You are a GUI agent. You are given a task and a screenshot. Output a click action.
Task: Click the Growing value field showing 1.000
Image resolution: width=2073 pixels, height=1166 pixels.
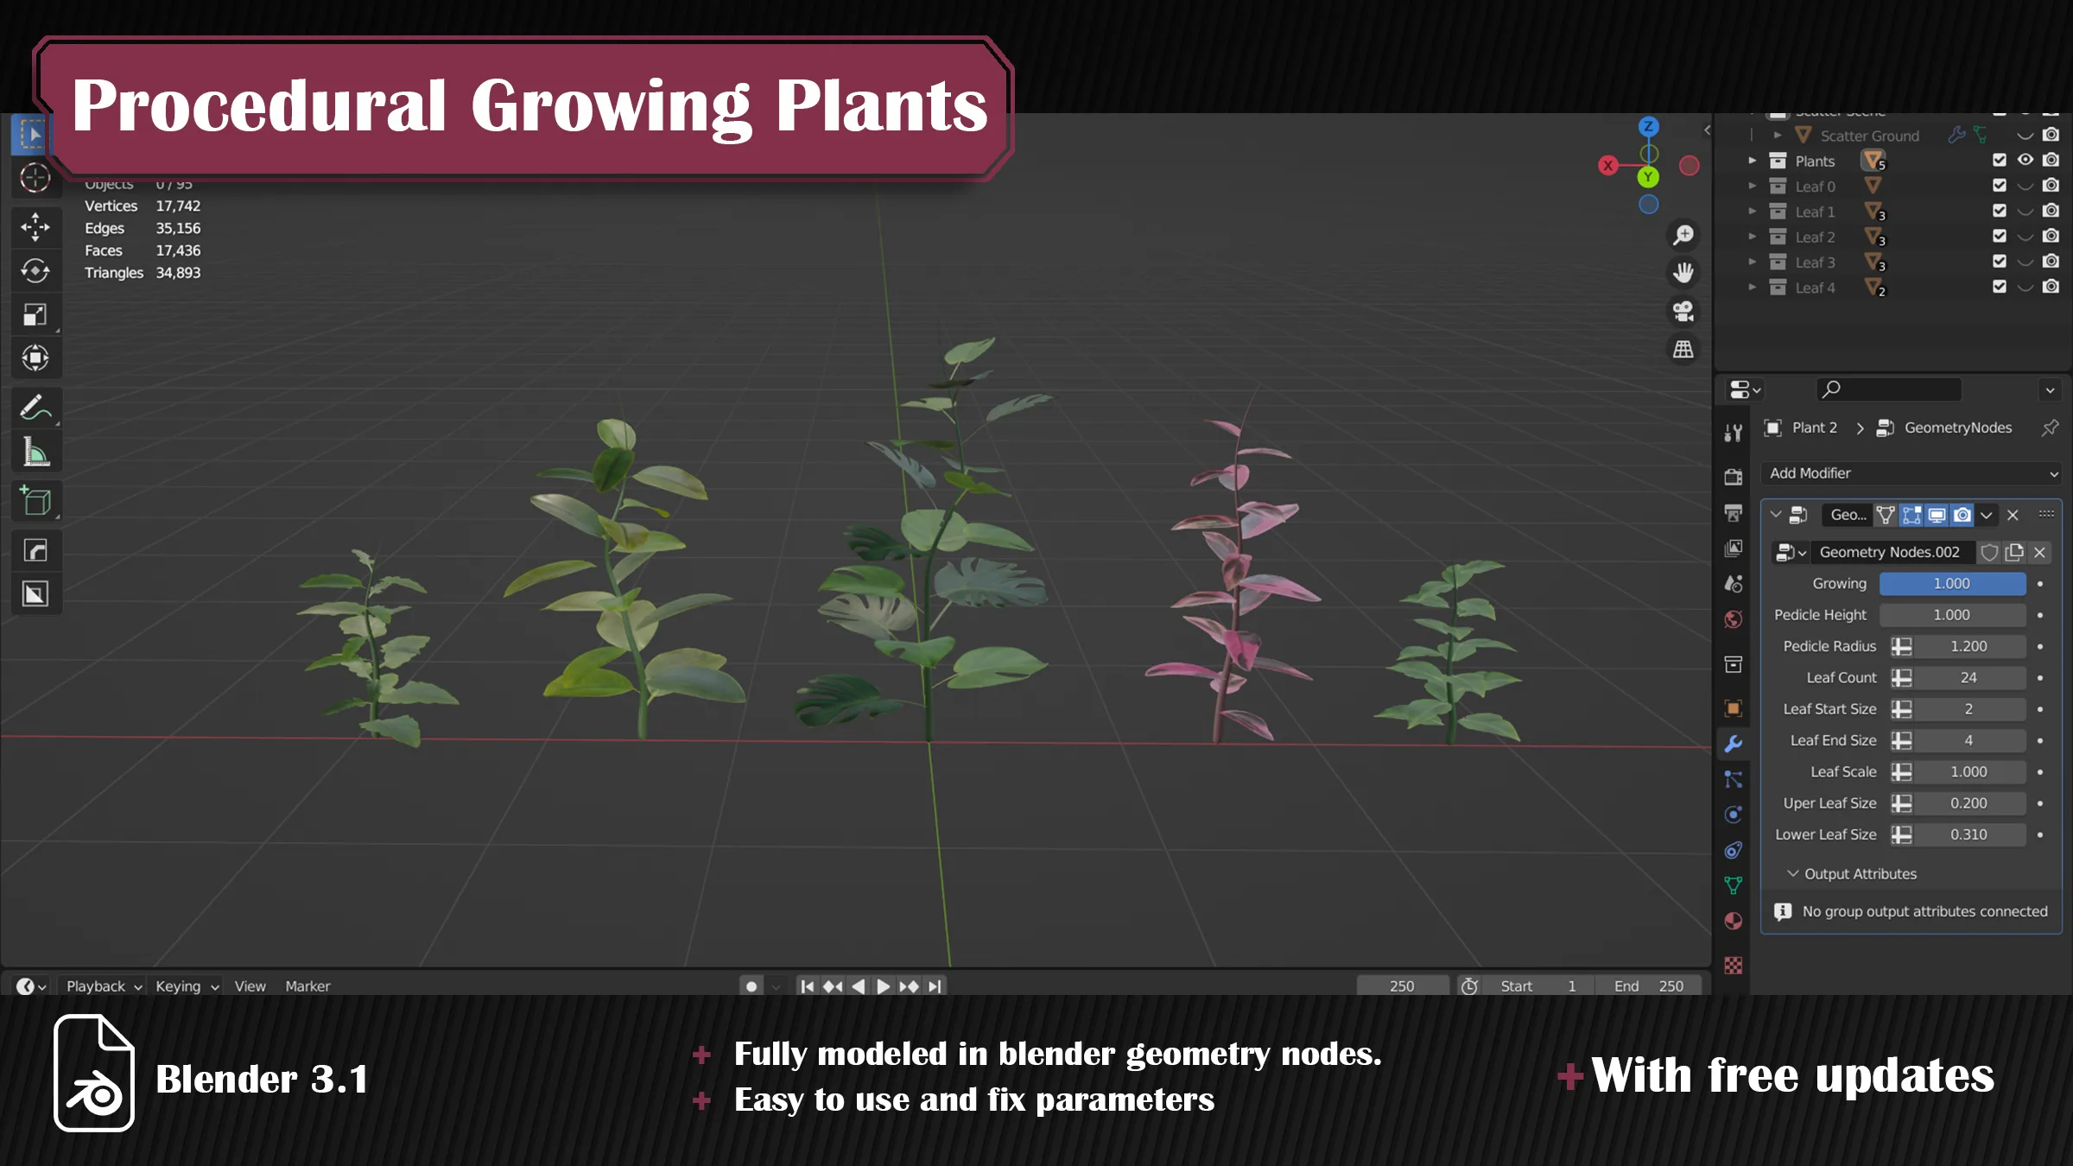click(x=1951, y=584)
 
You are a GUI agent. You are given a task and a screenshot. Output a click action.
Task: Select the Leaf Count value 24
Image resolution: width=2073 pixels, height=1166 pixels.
click(x=1968, y=678)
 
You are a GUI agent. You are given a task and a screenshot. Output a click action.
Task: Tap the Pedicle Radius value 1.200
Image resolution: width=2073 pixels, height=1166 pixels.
click(x=1968, y=646)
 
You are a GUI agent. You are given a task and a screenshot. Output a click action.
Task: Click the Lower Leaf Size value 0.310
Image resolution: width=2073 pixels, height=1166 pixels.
click(x=1968, y=834)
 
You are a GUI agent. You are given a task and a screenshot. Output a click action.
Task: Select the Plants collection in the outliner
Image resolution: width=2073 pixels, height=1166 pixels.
click(x=1815, y=162)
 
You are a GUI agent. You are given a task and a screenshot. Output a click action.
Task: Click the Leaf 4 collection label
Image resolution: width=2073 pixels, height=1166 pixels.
click(x=1815, y=288)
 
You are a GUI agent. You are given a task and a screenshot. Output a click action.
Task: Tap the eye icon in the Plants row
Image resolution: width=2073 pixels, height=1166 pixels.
click(x=2025, y=160)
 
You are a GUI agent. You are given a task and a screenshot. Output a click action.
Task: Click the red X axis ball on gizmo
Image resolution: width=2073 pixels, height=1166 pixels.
click(x=1607, y=165)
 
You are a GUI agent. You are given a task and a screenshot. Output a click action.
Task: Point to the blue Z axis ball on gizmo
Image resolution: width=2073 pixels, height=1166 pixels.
click(x=1648, y=127)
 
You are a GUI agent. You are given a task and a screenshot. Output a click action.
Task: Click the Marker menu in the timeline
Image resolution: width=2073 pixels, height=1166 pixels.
click(x=307, y=986)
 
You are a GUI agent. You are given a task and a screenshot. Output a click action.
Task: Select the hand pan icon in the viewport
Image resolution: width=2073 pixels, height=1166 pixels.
click(x=1683, y=273)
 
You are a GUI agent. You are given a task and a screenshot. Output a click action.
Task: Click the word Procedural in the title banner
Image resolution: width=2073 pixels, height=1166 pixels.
click(x=259, y=106)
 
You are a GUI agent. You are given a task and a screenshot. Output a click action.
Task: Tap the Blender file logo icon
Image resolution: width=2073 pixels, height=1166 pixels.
click(x=94, y=1073)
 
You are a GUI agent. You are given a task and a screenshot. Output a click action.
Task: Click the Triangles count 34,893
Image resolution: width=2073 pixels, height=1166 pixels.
click(x=178, y=273)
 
